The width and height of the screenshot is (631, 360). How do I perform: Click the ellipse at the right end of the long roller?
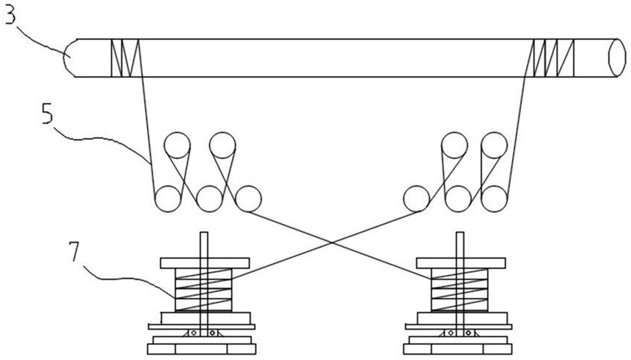(x=617, y=58)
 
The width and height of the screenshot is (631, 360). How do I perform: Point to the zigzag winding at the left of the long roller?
(x=125, y=58)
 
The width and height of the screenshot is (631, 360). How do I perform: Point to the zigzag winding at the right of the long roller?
(x=553, y=58)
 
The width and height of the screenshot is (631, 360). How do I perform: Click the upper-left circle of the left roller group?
(x=177, y=145)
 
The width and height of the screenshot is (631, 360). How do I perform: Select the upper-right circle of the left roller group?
(x=222, y=145)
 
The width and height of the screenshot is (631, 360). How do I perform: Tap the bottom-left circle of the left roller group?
(x=168, y=199)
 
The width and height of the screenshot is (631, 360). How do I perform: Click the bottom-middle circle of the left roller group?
(x=209, y=199)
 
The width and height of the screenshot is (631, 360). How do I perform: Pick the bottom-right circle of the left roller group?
(x=248, y=199)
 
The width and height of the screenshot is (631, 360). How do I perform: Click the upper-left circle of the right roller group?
(x=454, y=145)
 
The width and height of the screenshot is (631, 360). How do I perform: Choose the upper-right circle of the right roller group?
(x=494, y=145)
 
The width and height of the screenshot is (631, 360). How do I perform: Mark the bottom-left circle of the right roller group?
(x=417, y=199)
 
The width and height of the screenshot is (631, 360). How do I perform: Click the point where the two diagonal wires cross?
(x=332, y=242)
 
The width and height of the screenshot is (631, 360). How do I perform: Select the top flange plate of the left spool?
(x=205, y=263)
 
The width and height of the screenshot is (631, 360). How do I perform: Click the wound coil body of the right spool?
(x=460, y=290)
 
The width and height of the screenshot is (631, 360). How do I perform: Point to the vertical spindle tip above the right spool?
(x=460, y=233)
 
